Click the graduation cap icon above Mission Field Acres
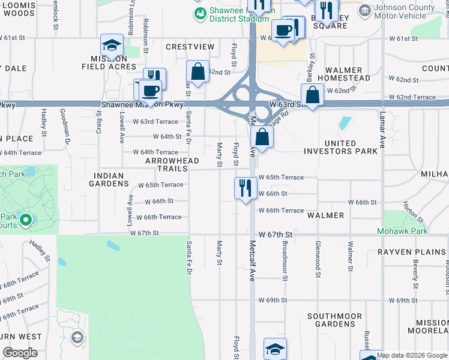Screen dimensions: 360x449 [x=112, y=45]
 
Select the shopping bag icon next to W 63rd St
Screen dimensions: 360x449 [x=312, y=95]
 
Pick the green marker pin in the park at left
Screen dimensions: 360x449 [x=25, y=220]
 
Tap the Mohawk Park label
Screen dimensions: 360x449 [x=402, y=231]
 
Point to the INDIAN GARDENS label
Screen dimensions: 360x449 [x=109, y=180]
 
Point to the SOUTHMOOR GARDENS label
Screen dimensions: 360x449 [x=334, y=320]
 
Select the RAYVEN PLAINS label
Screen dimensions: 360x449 [x=405, y=252]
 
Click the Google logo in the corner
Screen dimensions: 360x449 [x=20, y=353]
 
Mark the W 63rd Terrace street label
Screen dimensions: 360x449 [x=158, y=122]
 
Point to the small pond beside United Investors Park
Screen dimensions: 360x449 [x=344, y=123]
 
